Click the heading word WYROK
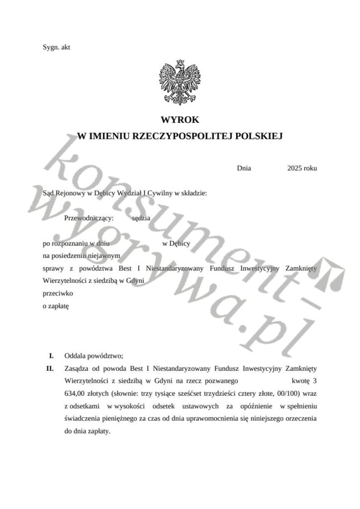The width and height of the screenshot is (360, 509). point(180,120)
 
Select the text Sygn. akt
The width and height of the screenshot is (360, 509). point(56,47)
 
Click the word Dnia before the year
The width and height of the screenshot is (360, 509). point(244,168)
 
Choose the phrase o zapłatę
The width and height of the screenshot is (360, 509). point(57,306)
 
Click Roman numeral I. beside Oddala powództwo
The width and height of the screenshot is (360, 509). point(51,356)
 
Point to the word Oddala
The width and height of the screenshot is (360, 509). point(75,356)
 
